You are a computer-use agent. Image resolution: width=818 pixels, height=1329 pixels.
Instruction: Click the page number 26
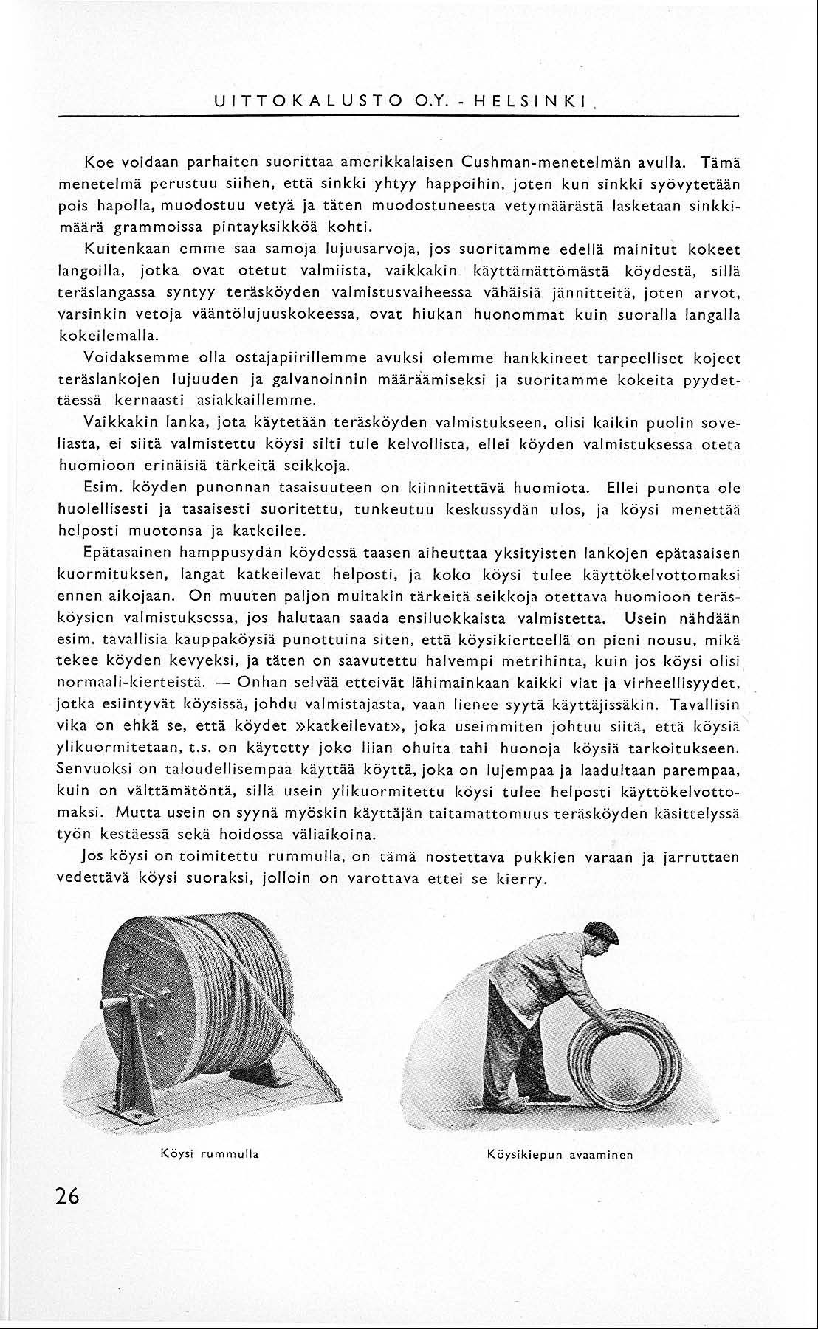[66, 1196]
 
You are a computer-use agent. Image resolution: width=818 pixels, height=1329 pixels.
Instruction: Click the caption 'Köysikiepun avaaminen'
[560, 1154]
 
